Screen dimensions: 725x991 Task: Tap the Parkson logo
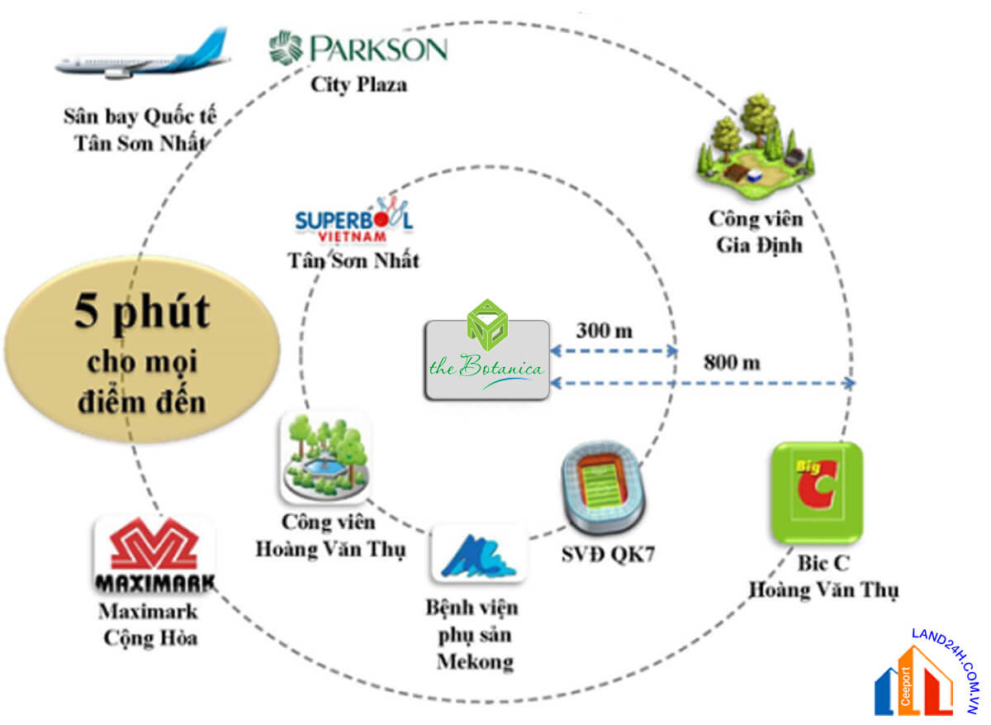358,48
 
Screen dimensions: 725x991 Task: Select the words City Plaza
358,84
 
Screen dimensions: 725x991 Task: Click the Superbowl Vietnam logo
354,220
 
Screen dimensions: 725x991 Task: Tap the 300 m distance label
605,331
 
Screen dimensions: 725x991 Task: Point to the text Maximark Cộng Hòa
149,624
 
